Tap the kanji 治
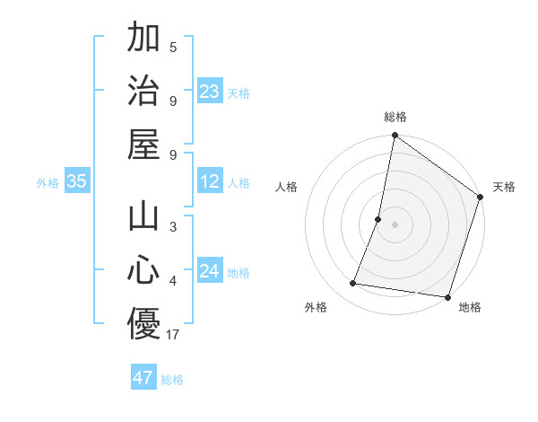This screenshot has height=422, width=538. [x=143, y=90]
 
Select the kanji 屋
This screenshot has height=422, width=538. [x=143, y=144]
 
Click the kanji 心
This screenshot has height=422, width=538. [x=143, y=270]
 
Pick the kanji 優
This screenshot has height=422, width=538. [x=143, y=324]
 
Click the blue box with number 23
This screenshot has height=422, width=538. [x=210, y=91]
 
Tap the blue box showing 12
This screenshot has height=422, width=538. [x=210, y=182]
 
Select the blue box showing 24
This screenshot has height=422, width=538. [x=210, y=271]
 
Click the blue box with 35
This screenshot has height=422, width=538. [x=77, y=182]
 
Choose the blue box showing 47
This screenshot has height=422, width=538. [x=143, y=378]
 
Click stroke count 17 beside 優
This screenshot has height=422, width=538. [x=174, y=336]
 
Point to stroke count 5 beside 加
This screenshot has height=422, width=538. [x=173, y=48]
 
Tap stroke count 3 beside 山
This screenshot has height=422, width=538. [x=173, y=227]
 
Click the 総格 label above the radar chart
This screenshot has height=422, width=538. [x=395, y=117]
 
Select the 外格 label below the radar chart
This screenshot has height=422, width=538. [x=316, y=307]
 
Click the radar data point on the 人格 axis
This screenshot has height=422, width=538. [x=378, y=219]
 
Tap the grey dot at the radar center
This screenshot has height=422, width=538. [x=395, y=224]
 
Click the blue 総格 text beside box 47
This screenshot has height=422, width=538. [x=172, y=380]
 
